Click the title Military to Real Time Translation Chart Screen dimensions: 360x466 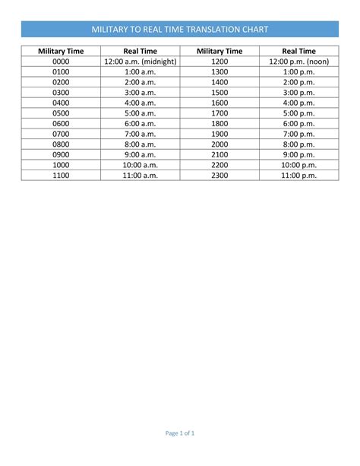[180, 29]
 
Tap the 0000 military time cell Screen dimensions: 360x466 [62, 62]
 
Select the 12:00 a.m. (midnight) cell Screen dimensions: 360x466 [140, 62]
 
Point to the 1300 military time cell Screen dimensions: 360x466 [219, 72]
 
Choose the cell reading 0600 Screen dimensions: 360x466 [62, 123]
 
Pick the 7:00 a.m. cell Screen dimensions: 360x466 [140, 134]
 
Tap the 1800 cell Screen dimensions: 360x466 [219, 123]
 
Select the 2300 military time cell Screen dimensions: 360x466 [219, 175]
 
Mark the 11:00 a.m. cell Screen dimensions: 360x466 [140, 175]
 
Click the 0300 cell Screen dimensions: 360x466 [62, 93]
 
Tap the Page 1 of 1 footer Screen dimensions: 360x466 [180, 434]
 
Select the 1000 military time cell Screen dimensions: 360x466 [62, 164]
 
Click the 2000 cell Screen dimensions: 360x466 [219, 144]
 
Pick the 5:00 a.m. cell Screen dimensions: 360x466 [140, 113]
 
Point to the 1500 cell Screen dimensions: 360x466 [219, 93]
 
